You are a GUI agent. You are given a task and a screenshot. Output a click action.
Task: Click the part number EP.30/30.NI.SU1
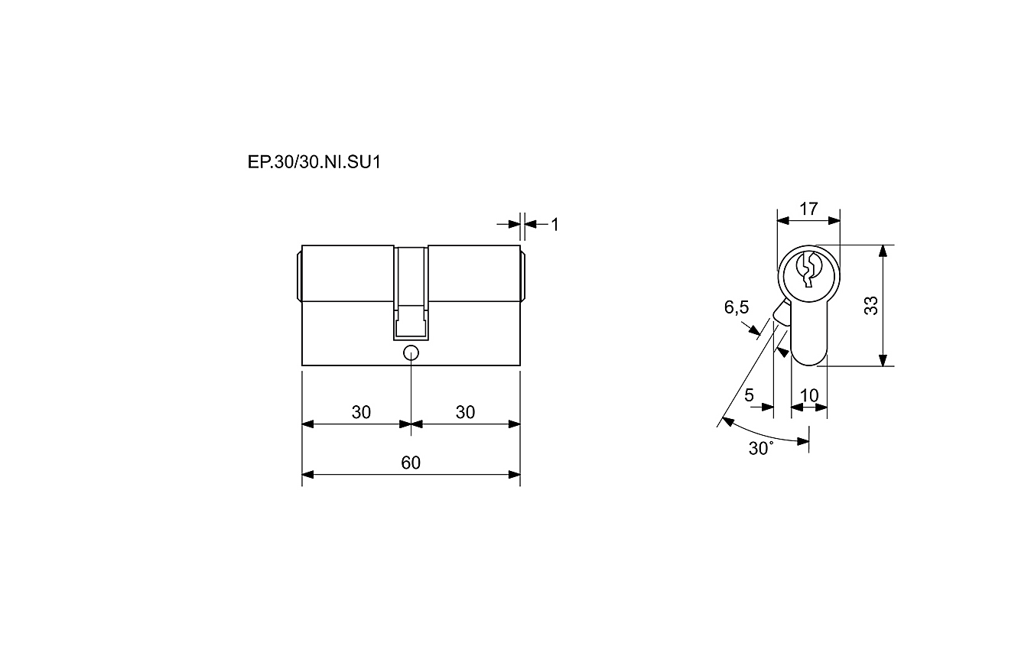[x=314, y=162]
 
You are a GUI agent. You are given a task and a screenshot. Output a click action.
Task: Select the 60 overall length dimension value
[x=411, y=463]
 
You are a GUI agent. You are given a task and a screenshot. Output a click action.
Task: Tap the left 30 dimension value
[x=361, y=412]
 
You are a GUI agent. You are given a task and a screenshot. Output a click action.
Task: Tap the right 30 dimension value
[x=465, y=412]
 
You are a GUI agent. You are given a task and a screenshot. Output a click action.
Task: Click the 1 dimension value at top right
[x=555, y=225]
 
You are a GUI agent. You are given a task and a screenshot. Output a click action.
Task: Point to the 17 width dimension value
[x=808, y=209]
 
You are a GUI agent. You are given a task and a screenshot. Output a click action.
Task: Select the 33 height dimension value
[x=871, y=306]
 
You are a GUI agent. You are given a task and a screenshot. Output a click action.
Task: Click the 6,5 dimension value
[x=737, y=307]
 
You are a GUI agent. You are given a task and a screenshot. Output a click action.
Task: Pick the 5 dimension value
[x=750, y=395]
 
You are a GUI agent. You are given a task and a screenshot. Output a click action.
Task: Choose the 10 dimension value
[x=809, y=395]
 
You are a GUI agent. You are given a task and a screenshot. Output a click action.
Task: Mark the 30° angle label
[x=761, y=448]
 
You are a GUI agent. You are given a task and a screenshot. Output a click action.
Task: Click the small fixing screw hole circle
[x=411, y=353]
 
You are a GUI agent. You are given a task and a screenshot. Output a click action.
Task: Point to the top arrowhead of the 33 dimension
[x=883, y=251]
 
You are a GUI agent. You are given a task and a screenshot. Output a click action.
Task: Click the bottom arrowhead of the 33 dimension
[x=883, y=360]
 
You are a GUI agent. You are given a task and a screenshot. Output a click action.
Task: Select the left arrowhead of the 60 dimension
[x=308, y=474]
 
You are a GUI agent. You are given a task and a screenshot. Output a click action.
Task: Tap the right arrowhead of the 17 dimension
[x=834, y=221]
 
